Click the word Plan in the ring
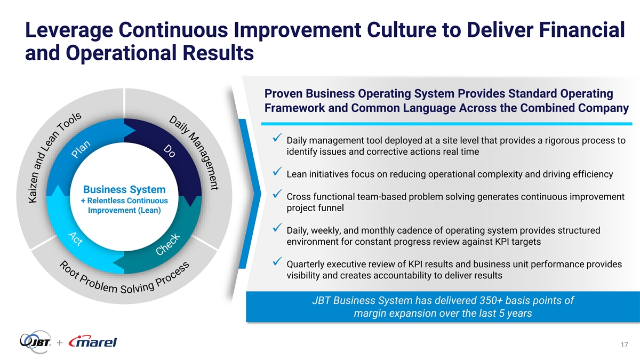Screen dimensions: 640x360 click(x=81, y=149)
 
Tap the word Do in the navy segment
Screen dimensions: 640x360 click(x=170, y=151)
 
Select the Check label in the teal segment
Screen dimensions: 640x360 click(x=167, y=244)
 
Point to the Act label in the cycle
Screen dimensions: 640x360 click(x=76, y=239)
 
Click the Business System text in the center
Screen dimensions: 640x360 click(x=124, y=189)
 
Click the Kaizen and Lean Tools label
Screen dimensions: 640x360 click(x=55, y=157)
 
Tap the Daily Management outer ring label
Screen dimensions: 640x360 click(x=194, y=153)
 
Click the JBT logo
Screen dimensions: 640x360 click(x=35, y=342)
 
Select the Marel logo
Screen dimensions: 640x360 click(x=93, y=342)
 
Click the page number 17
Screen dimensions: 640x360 click(x=625, y=345)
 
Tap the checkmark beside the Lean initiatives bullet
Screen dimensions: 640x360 click(x=277, y=171)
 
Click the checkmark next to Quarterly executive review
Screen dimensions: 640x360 click(x=277, y=261)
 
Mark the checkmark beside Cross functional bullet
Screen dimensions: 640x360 click(x=277, y=194)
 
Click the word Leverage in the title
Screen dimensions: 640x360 click(x=69, y=30)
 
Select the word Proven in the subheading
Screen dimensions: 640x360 click(x=283, y=93)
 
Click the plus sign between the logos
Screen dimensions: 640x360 click(x=60, y=342)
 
